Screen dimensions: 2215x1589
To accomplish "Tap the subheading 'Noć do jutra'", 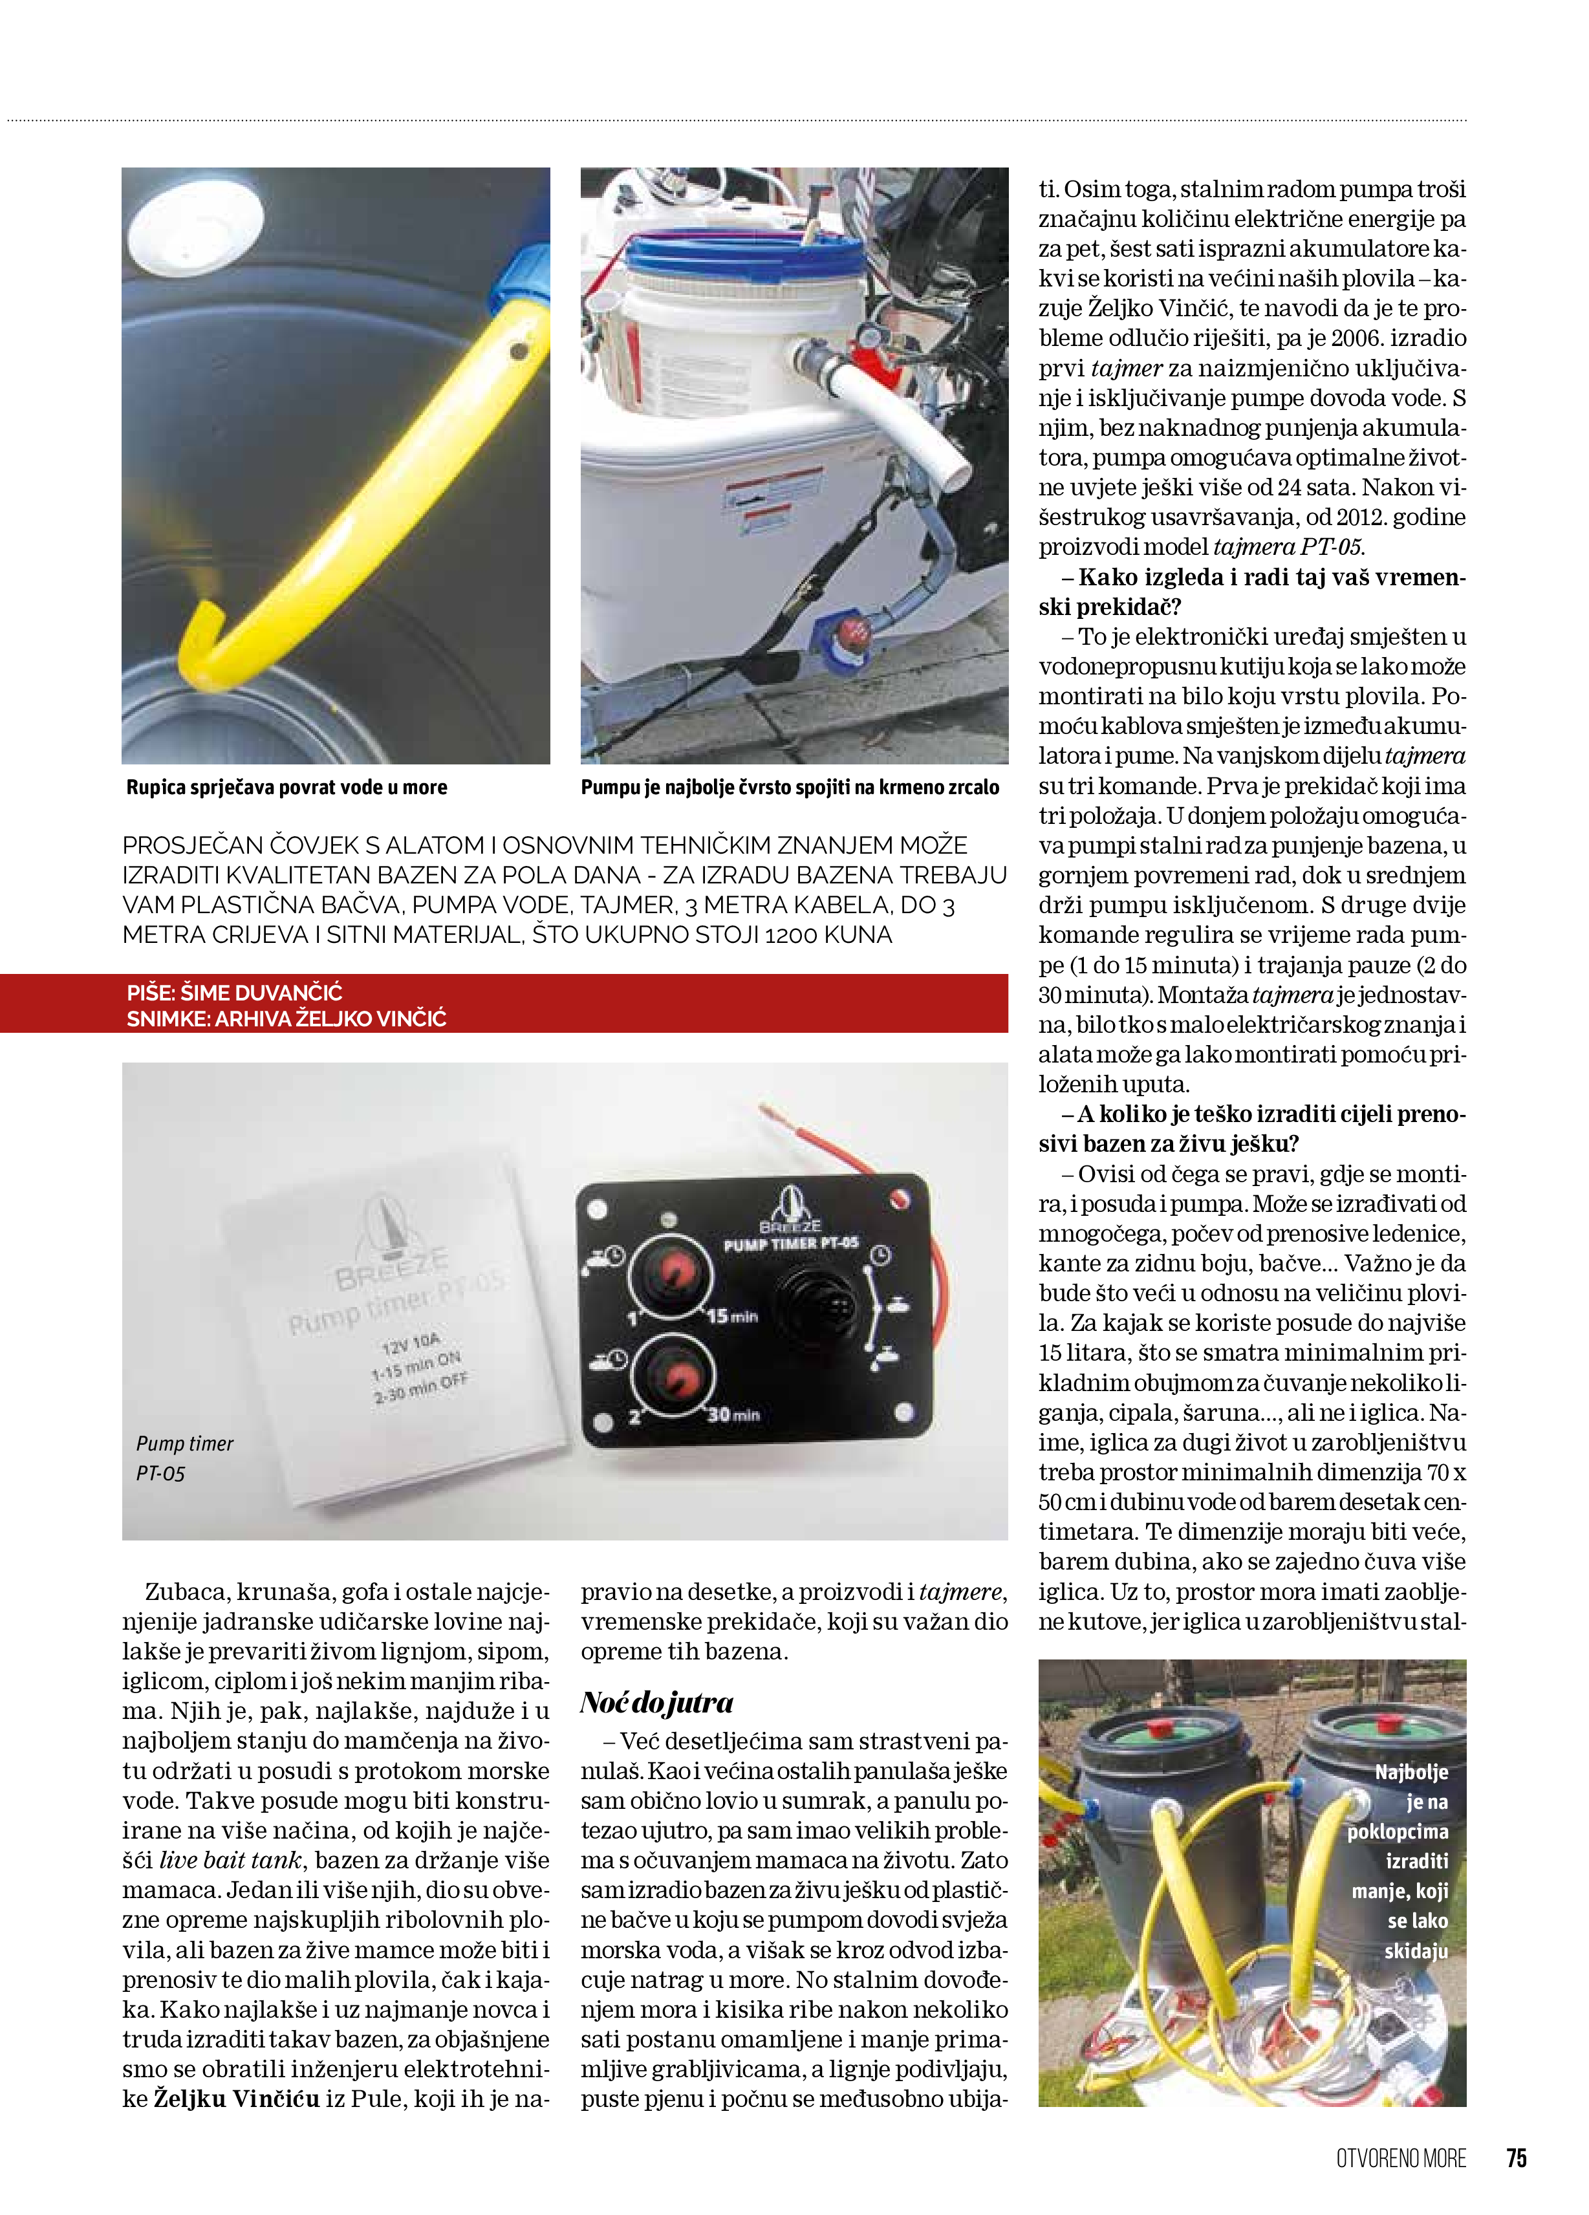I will [x=656, y=1702].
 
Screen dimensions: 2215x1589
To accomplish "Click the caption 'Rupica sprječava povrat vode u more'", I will [x=286, y=787].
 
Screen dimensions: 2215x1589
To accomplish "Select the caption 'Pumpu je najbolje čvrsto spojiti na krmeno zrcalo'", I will [x=789, y=787].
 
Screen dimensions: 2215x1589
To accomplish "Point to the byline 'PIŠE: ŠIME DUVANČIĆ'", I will [x=234, y=992].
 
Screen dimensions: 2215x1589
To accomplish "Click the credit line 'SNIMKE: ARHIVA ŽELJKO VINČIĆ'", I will [x=286, y=1019].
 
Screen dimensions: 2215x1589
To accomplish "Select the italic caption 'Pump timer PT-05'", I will [x=184, y=1457].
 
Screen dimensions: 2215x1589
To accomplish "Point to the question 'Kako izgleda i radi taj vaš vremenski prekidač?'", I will [x=1252, y=592].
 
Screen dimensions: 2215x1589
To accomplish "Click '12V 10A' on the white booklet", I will [x=410, y=1345].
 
